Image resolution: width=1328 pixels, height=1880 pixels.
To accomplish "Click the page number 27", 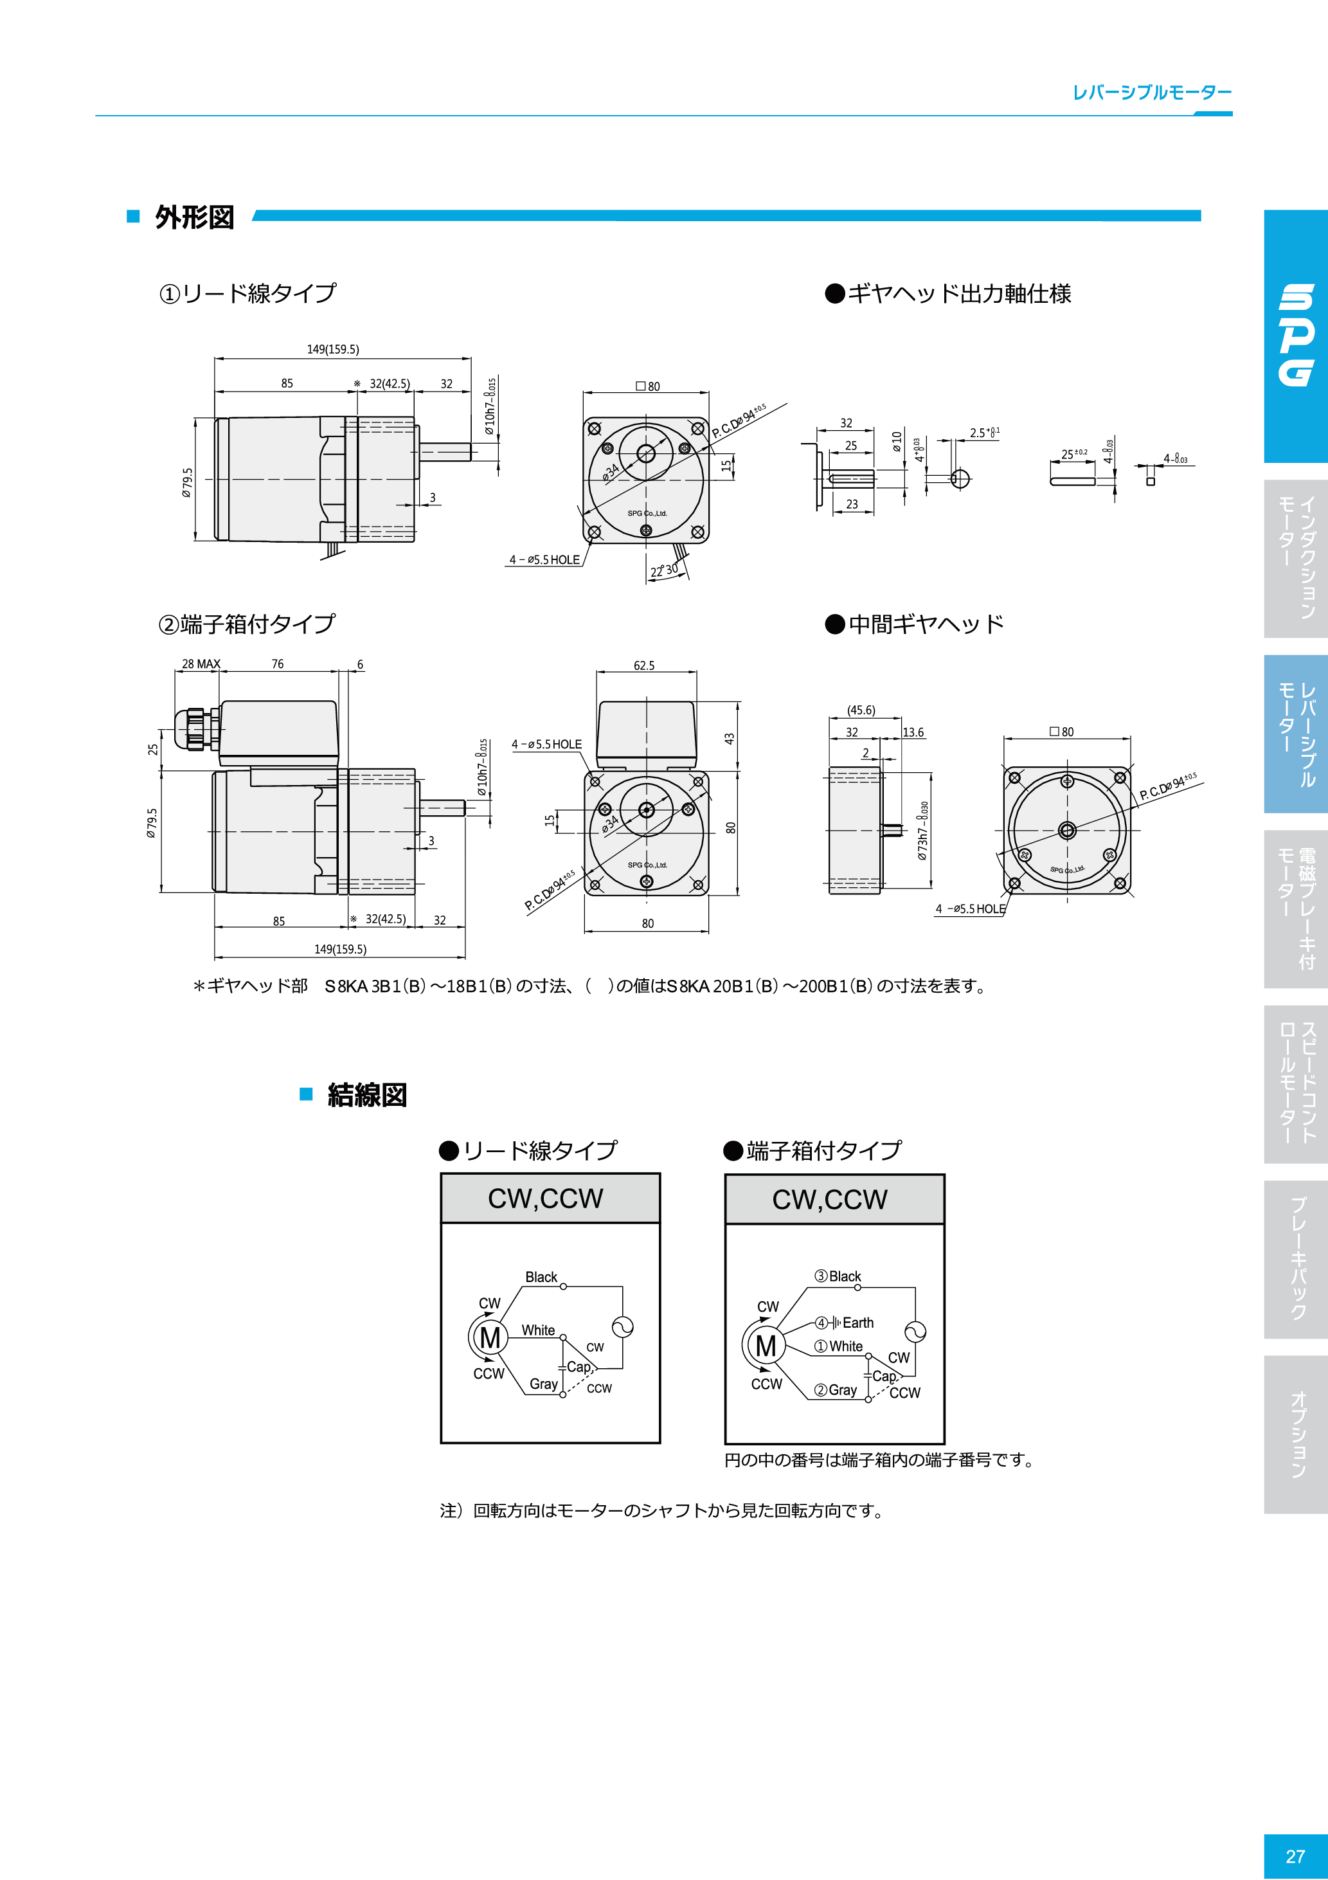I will tap(1295, 1856).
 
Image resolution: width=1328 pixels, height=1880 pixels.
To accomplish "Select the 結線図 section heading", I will tap(367, 1095).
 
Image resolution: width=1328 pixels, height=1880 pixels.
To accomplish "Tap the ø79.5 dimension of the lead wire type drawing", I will tap(188, 483).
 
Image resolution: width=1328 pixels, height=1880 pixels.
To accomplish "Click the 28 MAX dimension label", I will tap(201, 664).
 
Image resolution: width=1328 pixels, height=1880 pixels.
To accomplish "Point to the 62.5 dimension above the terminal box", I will tap(643, 665).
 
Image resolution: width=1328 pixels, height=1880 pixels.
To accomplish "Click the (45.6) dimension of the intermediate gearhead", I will tap(861, 710).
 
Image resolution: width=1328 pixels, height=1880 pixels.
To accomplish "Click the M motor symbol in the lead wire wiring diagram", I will tap(490, 1338).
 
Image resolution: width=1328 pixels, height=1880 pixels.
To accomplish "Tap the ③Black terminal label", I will tap(838, 1276).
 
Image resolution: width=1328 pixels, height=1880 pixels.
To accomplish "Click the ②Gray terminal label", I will tap(836, 1389).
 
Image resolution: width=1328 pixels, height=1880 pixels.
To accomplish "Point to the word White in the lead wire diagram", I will tap(538, 1330).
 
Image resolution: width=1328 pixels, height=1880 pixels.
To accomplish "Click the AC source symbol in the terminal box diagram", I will tap(915, 1332).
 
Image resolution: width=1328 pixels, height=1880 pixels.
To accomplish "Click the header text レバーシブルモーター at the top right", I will tap(1151, 93).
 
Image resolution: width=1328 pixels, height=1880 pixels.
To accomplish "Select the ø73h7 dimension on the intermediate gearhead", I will tap(923, 831).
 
